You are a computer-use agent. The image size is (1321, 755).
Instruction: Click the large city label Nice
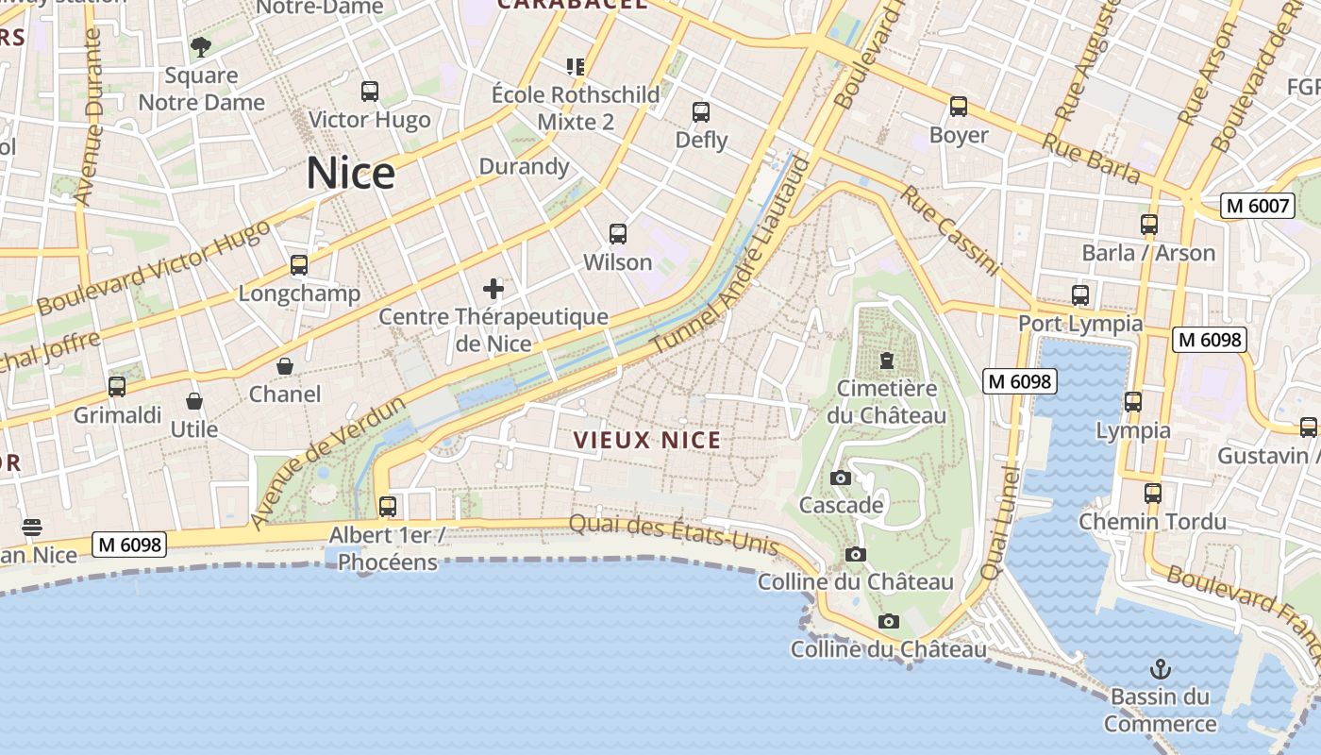(x=350, y=174)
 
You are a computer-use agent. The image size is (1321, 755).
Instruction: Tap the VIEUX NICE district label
(x=647, y=440)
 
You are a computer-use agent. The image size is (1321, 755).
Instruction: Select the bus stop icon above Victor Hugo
(x=370, y=92)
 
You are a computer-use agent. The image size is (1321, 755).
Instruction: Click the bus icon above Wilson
(x=618, y=234)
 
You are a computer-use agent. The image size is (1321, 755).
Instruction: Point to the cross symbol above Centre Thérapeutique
(x=493, y=289)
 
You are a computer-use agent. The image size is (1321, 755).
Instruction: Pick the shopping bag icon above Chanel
(x=285, y=366)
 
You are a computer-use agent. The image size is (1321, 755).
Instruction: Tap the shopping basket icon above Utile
(x=194, y=402)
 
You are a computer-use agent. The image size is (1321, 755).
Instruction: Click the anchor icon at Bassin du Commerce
(x=1161, y=670)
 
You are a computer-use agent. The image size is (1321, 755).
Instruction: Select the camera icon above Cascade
(x=841, y=478)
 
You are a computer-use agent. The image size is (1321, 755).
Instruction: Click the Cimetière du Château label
(x=887, y=402)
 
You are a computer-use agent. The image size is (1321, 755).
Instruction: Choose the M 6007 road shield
(x=1257, y=206)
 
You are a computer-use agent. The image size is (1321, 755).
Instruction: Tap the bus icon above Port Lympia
(x=1080, y=295)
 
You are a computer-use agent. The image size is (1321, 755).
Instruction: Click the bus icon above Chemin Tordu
(x=1153, y=494)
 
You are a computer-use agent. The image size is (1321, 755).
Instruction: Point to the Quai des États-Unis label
(x=674, y=535)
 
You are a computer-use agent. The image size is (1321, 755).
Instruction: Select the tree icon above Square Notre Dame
(x=201, y=46)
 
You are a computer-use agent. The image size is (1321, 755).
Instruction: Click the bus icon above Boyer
(x=959, y=107)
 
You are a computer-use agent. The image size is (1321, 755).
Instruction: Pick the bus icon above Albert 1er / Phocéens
(x=388, y=507)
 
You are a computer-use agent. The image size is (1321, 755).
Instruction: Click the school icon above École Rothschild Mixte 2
(x=576, y=66)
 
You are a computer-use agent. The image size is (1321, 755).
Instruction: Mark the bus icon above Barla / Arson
(x=1149, y=225)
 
